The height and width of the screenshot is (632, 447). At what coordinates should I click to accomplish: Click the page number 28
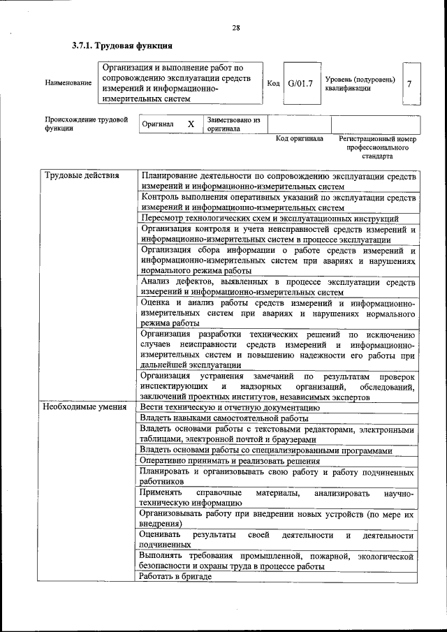pos(235,28)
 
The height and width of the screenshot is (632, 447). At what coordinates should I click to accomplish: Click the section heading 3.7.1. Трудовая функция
pos(122,47)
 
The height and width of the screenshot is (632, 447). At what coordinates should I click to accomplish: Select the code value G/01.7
pos(300,84)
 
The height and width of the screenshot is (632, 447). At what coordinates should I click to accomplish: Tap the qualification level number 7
pos(409,84)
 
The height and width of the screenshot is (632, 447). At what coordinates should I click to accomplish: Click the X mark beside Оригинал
pos(190,124)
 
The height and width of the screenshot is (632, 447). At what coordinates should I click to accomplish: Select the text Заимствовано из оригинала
pos(233,124)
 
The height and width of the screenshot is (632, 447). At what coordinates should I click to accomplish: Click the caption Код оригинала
pos(299,139)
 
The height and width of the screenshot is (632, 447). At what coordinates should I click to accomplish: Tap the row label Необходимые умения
pos(85,406)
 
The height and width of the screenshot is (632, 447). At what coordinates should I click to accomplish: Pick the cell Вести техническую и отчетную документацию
pos(229,406)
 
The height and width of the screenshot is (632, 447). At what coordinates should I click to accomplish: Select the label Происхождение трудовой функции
pos(87,124)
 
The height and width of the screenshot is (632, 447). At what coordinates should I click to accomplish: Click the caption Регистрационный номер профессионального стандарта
pos(377,147)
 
